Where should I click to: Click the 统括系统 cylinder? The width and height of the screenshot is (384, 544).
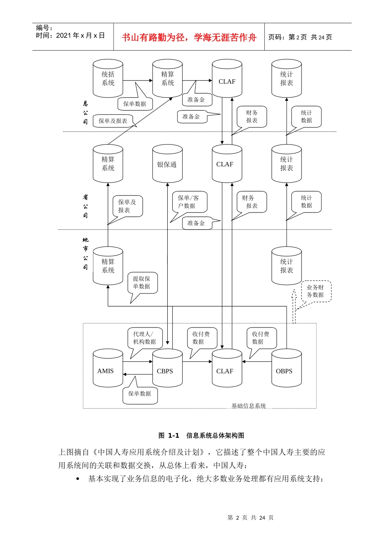coord(108,79)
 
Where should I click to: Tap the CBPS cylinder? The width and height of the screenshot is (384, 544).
coord(167,368)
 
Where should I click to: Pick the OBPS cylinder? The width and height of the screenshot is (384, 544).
coord(286,368)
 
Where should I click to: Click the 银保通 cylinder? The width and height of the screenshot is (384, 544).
coord(167,164)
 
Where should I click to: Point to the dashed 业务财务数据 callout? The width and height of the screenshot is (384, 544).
coord(316,291)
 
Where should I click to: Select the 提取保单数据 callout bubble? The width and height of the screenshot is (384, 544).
coord(142,283)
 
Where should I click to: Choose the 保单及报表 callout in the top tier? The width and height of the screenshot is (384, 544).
coord(113,121)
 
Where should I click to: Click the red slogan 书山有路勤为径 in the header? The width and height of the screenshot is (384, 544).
coord(189,38)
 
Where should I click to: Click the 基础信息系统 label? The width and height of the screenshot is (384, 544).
coord(248,406)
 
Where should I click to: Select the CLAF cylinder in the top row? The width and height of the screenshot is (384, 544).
coord(227,79)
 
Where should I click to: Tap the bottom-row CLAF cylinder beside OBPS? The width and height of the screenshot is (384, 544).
coord(227,368)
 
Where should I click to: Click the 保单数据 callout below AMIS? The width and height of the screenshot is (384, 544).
coord(140,394)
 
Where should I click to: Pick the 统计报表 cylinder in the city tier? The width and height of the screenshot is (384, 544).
coord(286,266)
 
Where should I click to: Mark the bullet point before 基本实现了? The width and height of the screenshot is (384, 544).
coord(78,479)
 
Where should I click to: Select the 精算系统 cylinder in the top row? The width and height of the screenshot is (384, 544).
coord(167,79)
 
